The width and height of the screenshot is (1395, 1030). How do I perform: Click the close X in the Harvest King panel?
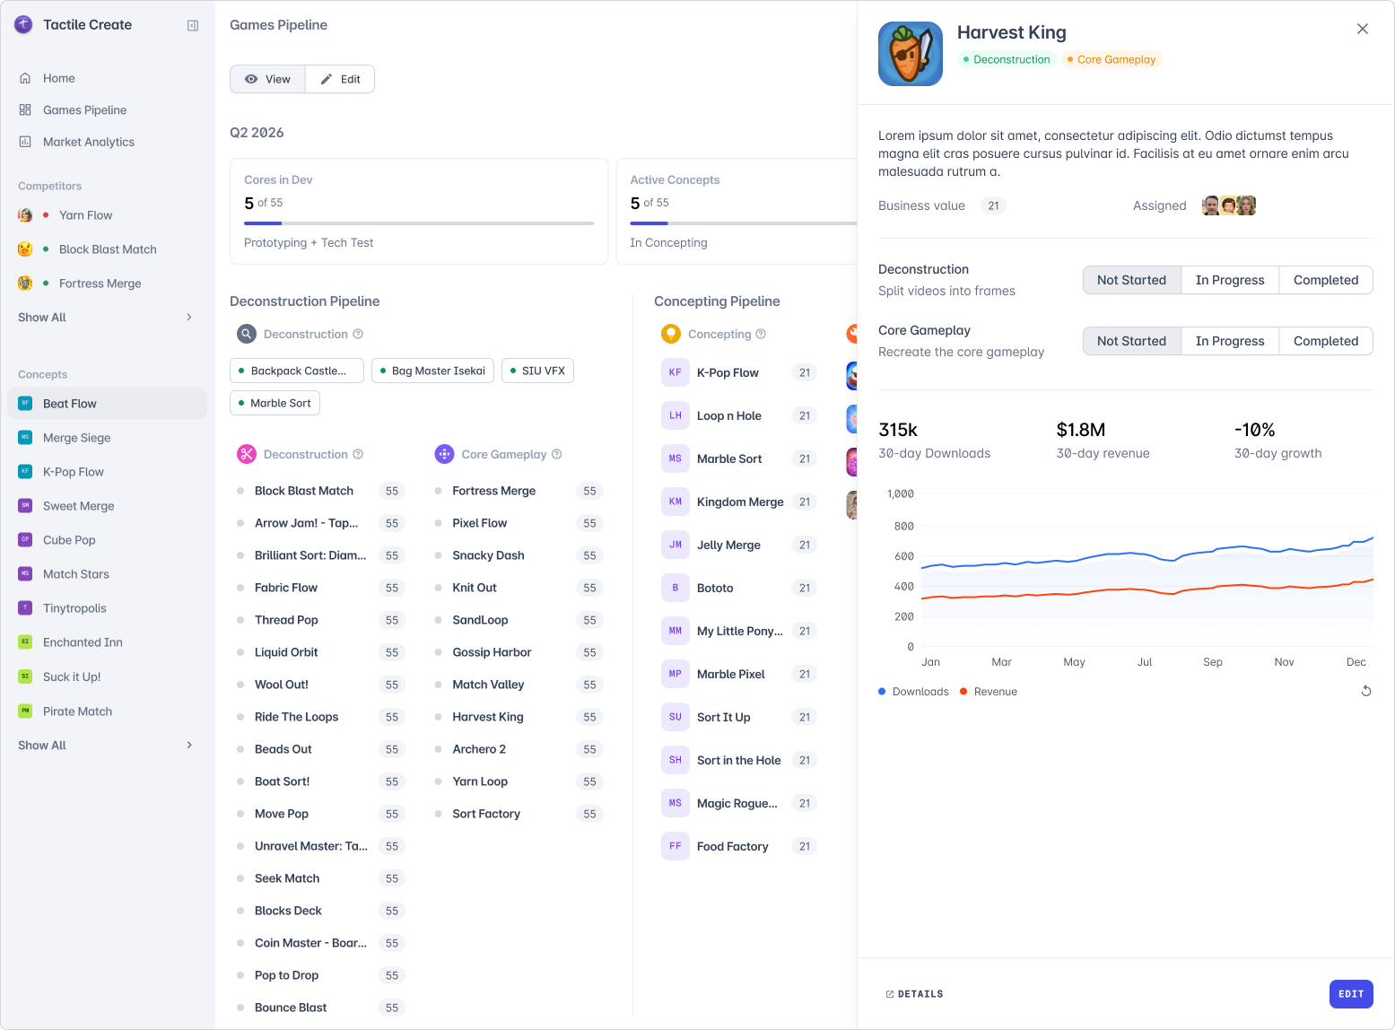[x=1363, y=29]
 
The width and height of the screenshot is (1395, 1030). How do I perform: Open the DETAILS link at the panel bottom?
[x=914, y=994]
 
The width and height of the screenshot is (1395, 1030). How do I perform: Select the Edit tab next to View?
[x=340, y=79]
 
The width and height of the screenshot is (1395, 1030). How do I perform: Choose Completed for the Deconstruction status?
[x=1325, y=280]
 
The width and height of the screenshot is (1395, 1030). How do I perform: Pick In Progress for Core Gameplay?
[x=1230, y=341]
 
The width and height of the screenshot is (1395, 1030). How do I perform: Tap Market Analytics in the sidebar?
[x=88, y=142]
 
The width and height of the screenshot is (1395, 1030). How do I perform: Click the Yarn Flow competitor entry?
[x=85, y=215]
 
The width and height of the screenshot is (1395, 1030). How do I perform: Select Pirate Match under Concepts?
[x=77, y=711]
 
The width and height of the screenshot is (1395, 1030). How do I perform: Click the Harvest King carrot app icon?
[x=910, y=54]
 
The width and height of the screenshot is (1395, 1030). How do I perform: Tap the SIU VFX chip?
[x=537, y=371]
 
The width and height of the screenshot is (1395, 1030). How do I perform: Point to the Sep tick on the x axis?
[x=1212, y=662]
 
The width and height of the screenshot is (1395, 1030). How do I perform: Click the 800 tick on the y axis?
[x=903, y=526]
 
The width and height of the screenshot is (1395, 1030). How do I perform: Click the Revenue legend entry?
[x=988, y=692]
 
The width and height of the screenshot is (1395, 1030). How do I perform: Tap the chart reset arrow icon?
[x=1366, y=691]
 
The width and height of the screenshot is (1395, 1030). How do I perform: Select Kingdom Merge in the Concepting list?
[x=739, y=502]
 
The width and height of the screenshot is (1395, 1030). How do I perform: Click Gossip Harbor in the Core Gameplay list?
[x=492, y=652]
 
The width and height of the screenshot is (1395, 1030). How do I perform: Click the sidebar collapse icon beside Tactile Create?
[x=193, y=25]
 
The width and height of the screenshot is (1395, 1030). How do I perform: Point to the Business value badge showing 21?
[x=992, y=205]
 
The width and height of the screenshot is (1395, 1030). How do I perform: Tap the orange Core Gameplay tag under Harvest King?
[x=1112, y=60]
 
